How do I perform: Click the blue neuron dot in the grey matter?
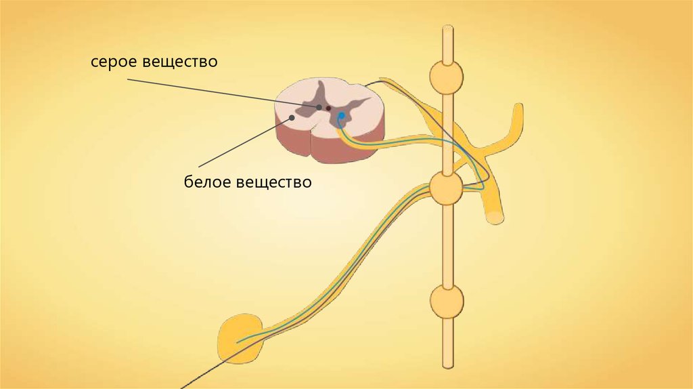point(342,116)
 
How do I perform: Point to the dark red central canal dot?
point(329,107)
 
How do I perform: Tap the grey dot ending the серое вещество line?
point(319,106)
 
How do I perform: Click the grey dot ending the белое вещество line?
point(292,117)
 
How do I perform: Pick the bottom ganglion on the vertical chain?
point(447,299)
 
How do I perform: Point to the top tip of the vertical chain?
point(447,28)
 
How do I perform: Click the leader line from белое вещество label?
point(244,144)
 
